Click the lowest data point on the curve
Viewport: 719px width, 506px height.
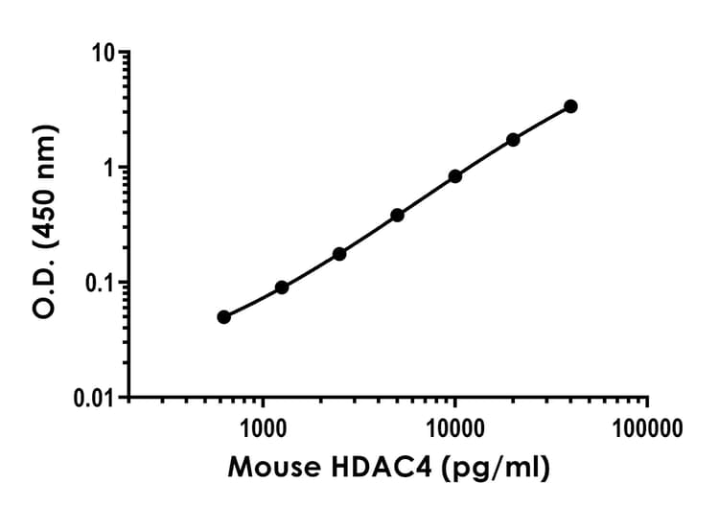coord(223,317)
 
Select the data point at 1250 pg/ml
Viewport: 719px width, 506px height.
coord(282,287)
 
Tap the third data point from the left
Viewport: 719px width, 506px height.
coord(339,254)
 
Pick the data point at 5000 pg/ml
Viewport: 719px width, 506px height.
coord(397,215)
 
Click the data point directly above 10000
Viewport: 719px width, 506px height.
coord(455,176)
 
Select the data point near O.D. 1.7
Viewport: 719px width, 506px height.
coord(513,140)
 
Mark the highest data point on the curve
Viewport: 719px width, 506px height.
coord(571,106)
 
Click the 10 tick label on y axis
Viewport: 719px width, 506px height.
coord(104,54)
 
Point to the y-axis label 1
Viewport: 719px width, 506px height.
coord(110,169)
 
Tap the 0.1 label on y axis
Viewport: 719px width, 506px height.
coord(100,284)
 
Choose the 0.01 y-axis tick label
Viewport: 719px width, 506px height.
coord(94,398)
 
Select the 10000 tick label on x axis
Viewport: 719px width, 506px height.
coord(454,426)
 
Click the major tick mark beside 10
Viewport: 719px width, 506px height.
coord(124,54)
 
